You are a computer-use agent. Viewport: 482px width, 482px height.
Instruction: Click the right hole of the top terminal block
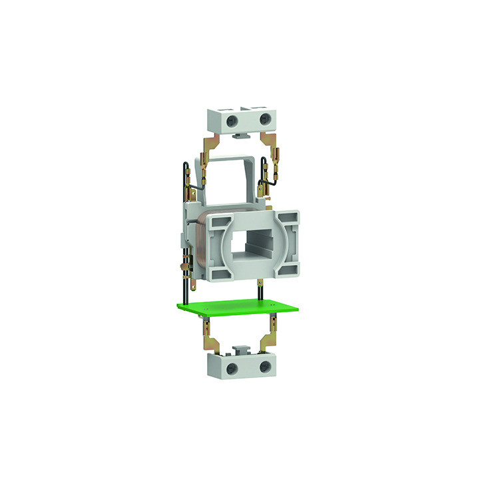click(x=264, y=119)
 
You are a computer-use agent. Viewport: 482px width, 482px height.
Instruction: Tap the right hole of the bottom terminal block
click(x=263, y=368)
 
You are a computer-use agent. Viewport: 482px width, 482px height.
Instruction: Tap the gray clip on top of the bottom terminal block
click(x=243, y=349)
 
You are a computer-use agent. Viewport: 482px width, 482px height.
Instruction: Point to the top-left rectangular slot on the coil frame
click(x=217, y=220)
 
